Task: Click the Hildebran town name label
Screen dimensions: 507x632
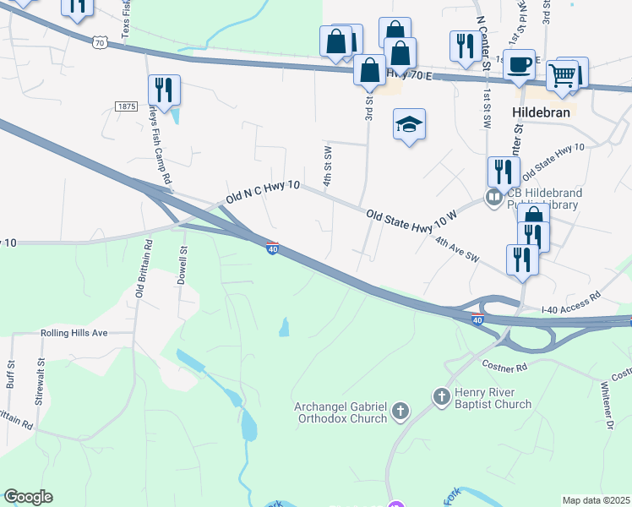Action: tap(541, 112)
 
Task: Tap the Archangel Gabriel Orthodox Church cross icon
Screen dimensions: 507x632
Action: tap(400, 412)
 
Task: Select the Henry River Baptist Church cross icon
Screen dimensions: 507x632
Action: tap(441, 396)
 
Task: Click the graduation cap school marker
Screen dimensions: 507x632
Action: tap(409, 125)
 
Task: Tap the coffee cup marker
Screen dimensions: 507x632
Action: tap(519, 64)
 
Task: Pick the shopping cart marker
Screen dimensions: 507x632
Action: tap(562, 75)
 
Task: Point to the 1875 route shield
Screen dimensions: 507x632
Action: tap(126, 106)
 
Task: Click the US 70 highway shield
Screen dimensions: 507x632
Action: tap(101, 41)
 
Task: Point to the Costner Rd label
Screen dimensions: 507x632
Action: tap(504, 367)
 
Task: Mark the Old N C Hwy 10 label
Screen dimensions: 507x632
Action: tap(263, 195)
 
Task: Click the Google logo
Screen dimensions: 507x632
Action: tap(28, 497)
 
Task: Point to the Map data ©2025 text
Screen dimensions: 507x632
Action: tap(596, 500)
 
